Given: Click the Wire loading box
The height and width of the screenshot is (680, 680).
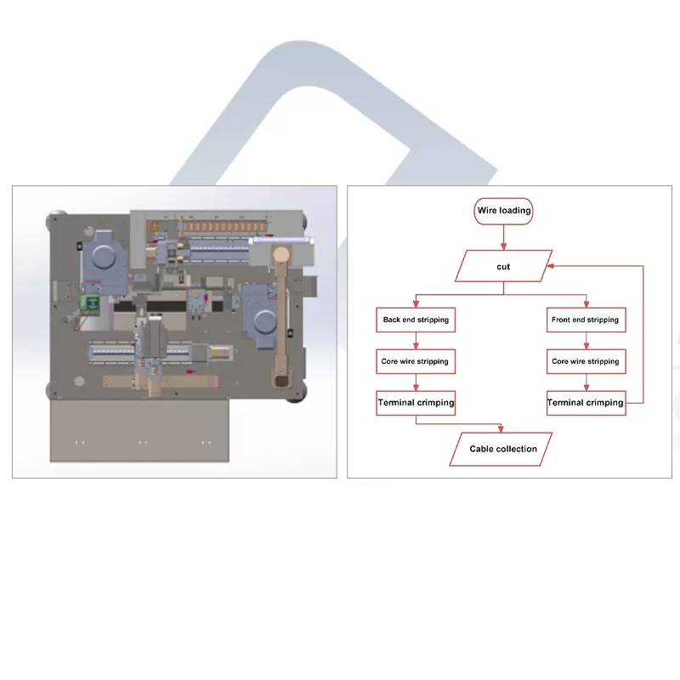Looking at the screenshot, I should (x=503, y=211).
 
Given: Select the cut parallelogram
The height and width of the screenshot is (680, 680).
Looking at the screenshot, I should (x=503, y=266).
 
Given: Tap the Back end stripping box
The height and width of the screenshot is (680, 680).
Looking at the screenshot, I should (x=416, y=320).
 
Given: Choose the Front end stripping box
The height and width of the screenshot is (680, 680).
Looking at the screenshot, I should (x=585, y=320).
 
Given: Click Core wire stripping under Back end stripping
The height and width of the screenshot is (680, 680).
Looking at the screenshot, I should (x=416, y=361).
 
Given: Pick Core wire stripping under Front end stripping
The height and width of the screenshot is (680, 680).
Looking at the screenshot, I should (x=585, y=361).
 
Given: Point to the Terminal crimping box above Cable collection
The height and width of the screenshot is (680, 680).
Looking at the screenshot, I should (x=416, y=402).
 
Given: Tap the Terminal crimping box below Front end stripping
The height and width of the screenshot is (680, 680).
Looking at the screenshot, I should (x=585, y=402).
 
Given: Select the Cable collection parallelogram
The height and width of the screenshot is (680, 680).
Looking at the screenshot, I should (x=503, y=449).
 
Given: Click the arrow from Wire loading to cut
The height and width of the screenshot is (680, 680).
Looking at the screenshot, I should (x=503, y=237).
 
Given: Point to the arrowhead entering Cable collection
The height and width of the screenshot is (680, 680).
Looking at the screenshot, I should (x=503, y=428).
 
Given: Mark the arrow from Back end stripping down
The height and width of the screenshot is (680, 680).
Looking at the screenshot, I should (x=416, y=341).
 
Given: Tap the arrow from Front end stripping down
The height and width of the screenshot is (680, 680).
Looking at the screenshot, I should (x=586, y=341).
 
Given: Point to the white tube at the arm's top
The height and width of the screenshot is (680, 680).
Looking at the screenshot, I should (x=270, y=241).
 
